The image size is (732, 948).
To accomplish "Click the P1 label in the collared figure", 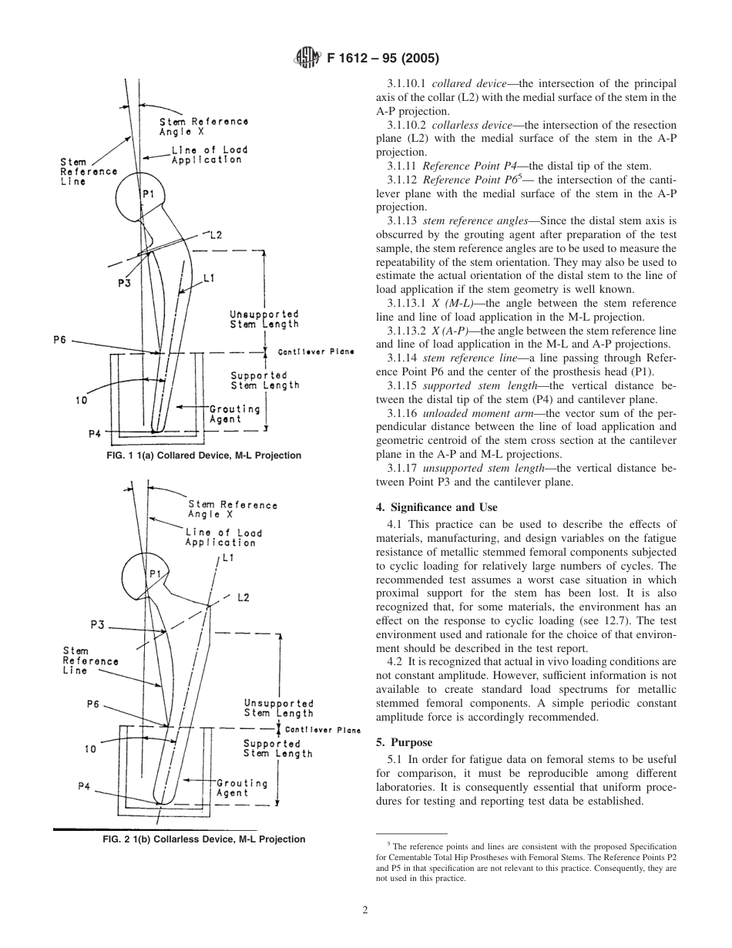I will (x=148, y=195).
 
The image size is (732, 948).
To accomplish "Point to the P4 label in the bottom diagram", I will (x=85, y=786).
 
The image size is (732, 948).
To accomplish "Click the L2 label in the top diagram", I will (x=216, y=235).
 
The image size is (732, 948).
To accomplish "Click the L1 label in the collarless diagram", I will (x=228, y=558).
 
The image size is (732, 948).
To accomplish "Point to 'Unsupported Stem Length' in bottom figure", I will (x=278, y=708).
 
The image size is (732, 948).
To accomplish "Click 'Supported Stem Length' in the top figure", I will (x=264, y=381).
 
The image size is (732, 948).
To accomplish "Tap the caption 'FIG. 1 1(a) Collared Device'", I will (x=204, y=456).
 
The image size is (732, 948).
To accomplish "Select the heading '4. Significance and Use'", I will (x=436, y=507).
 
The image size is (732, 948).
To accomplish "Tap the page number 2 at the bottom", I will (x=365, y=909).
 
